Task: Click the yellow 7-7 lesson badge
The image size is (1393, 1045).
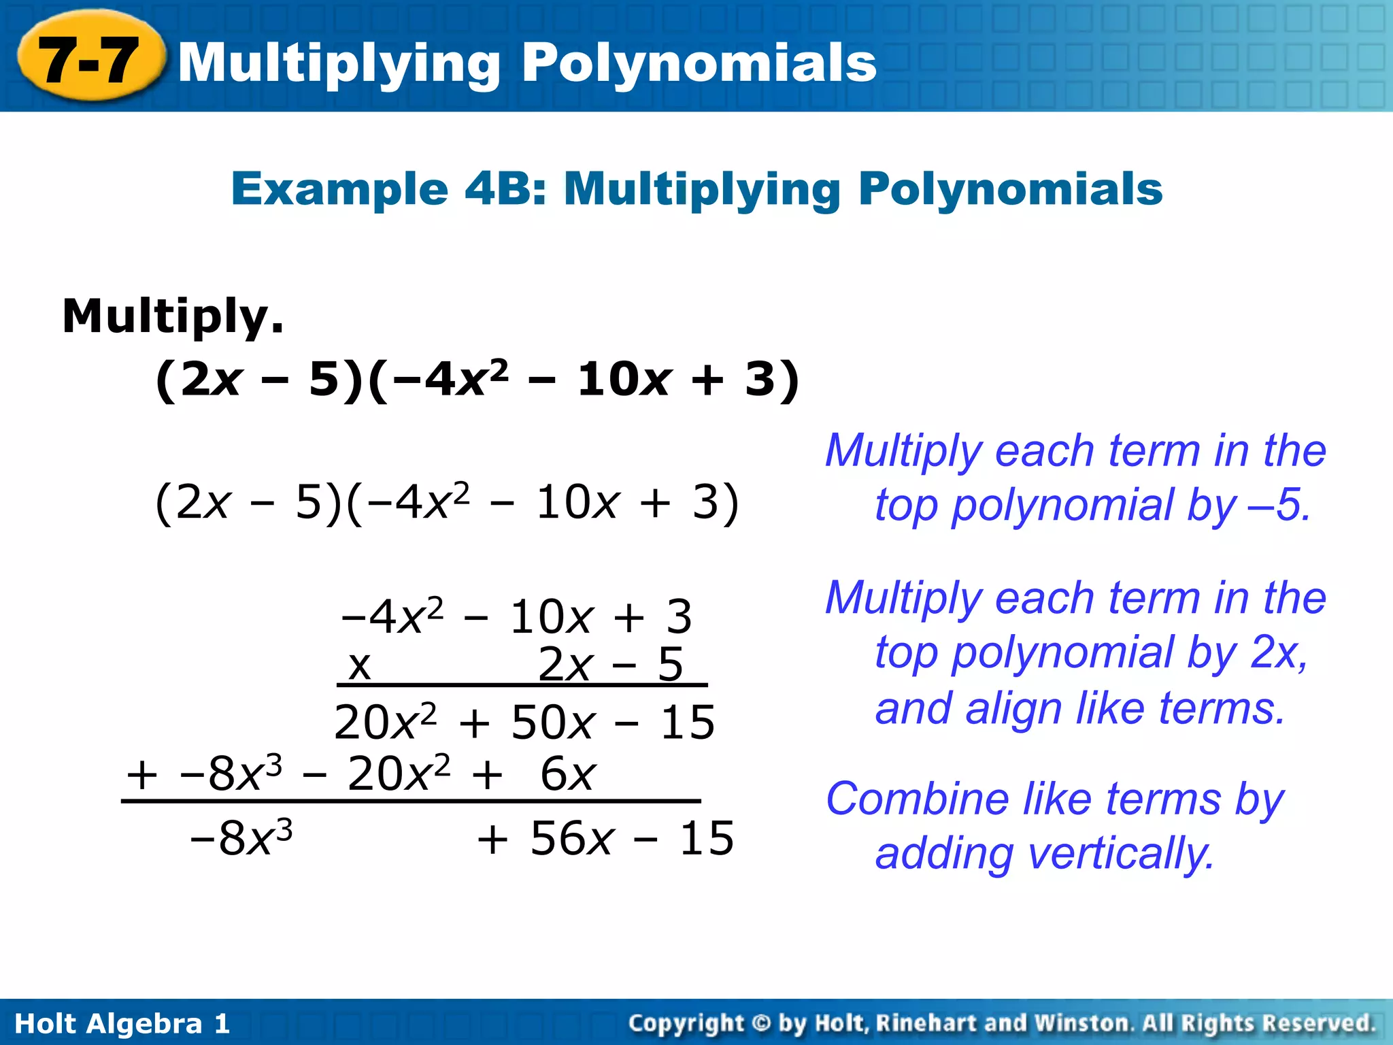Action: coord(89,60)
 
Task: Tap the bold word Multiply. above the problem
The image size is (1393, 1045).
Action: coord(173,316)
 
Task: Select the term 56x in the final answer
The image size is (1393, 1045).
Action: coord(572,837)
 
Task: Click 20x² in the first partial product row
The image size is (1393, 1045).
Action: coord(385,722)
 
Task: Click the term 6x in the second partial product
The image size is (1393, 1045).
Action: coord(568,774)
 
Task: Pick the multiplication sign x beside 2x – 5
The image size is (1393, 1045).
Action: coord(359,665)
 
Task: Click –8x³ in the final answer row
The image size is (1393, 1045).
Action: coord(241,837)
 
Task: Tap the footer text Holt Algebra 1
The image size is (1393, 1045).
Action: coord(122,1023)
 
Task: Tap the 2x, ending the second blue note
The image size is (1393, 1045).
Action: coord(1279,652)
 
